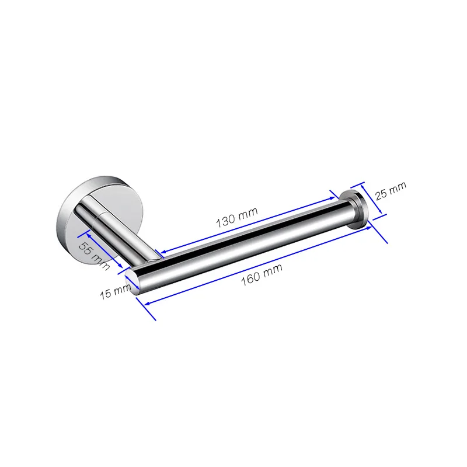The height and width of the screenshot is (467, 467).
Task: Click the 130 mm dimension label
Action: (237, 217)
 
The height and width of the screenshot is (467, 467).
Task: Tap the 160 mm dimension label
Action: (262, 274)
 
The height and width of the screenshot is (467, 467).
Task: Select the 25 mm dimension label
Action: (391, 191)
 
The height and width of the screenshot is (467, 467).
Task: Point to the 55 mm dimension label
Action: (94, 256)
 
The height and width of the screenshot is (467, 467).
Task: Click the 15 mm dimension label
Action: (115, 291)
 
